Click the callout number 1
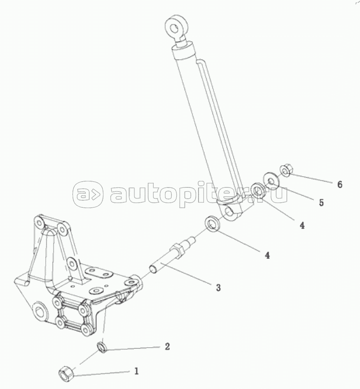(x=137, y=371)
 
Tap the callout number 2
(x=167, y=346)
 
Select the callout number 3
(x=218, y=288)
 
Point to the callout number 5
(x=321, y=203)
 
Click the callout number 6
(x=340, y=184)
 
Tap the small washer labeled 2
(x=102, y=346)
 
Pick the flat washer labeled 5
(x=270, y=180)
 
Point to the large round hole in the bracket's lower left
(x=40, y=311)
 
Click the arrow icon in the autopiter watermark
(x=88, y=193)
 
